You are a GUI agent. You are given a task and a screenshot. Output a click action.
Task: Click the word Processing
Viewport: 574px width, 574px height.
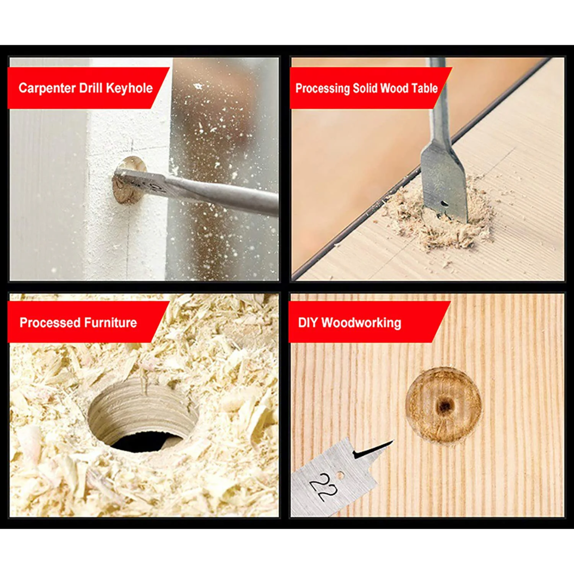(323, 89)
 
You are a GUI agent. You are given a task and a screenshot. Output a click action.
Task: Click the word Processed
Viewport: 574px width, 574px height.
(50, 323)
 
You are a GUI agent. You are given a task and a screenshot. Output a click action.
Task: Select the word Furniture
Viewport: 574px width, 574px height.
(110, 323)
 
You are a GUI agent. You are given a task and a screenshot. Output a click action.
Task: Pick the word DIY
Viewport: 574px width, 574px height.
(308, 323)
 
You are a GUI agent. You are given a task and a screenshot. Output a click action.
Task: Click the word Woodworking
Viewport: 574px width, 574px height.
(361, 323)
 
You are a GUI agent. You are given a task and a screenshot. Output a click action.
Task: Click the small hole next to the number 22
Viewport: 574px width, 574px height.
(341, 476)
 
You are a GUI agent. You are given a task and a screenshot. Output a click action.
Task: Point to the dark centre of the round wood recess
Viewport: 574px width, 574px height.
(444, 405)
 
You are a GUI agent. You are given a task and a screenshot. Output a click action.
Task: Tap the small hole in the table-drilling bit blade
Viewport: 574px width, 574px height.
(444, 203)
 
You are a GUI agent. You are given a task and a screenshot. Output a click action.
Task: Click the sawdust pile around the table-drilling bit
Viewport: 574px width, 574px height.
(437, 216)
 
